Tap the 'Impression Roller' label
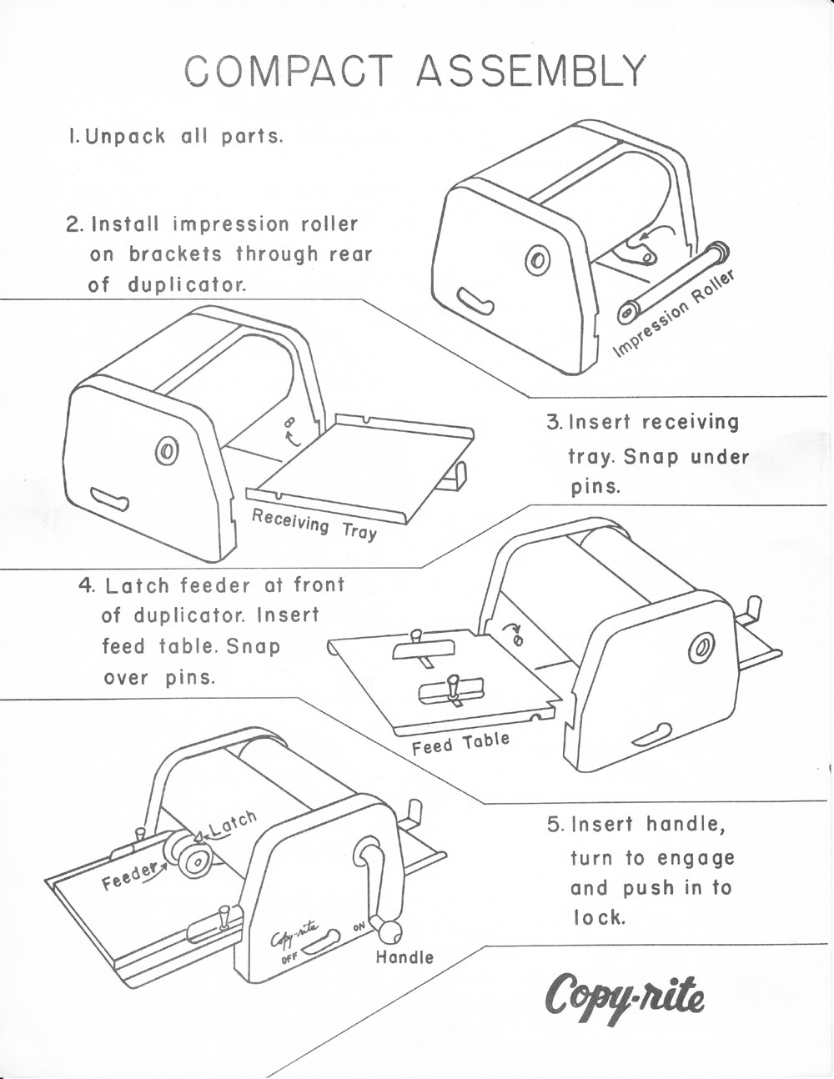676,313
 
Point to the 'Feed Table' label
460,743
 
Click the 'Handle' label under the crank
404,956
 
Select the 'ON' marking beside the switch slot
359,926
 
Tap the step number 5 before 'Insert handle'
555,825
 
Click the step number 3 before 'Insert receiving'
555,422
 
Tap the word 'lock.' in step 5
598,917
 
